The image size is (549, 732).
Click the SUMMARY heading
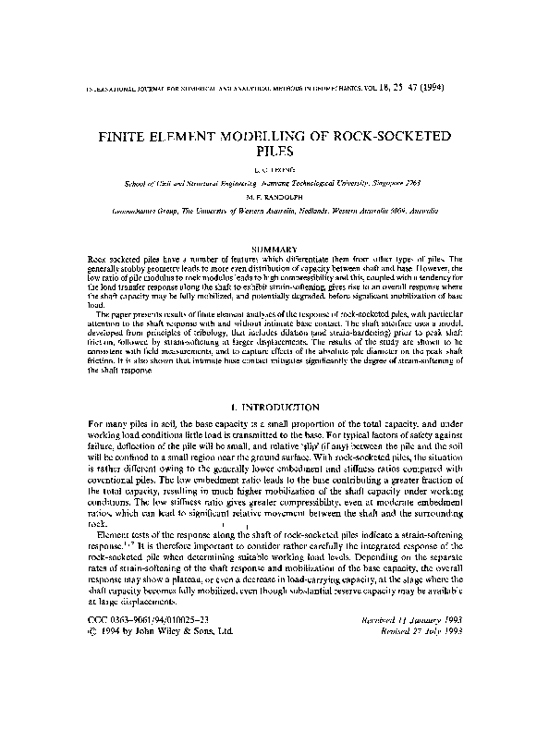tap(274, 248)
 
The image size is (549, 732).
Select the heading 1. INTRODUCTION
tap(274, 407)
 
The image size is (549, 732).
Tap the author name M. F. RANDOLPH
tap(274, 197)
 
